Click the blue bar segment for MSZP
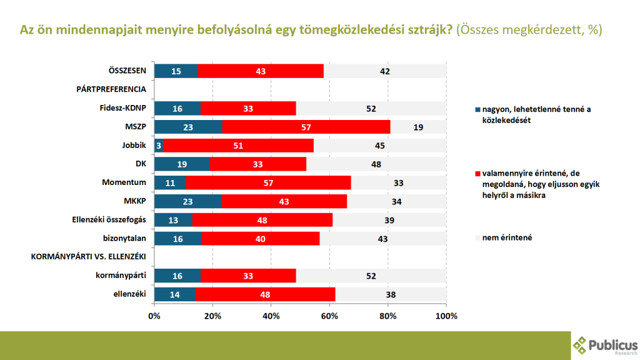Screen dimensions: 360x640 click(187, 127)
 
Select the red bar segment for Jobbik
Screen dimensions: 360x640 click(238, 146)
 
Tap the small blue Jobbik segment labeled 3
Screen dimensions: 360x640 click(159, 146)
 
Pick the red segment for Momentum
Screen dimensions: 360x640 click(268, 182)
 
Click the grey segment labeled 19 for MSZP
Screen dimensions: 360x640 click(418, 127)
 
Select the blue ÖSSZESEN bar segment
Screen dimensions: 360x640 click(176, 71)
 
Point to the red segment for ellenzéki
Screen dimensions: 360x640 click(265, 294)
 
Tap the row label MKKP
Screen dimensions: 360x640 click(135, 201)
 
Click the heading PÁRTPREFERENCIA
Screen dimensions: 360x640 click(111, 89)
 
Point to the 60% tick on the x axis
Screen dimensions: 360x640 click(329, 316)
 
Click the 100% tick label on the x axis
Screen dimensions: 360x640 click(446, 316)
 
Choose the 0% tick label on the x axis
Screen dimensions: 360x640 click(154, 316)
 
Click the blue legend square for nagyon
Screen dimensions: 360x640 click(478, 110)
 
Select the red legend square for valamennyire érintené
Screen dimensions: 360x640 click(478, 173)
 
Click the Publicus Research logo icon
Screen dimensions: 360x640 click(581, 345)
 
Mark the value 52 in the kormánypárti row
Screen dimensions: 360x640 click(371, 276)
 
